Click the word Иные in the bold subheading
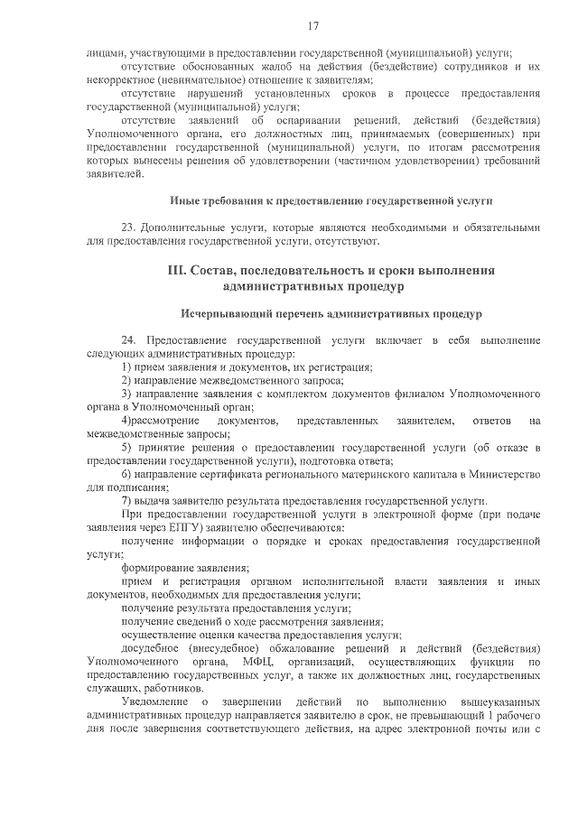tap(186, 200)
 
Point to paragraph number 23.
tap(128, 227)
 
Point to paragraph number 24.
tap(128, 340)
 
